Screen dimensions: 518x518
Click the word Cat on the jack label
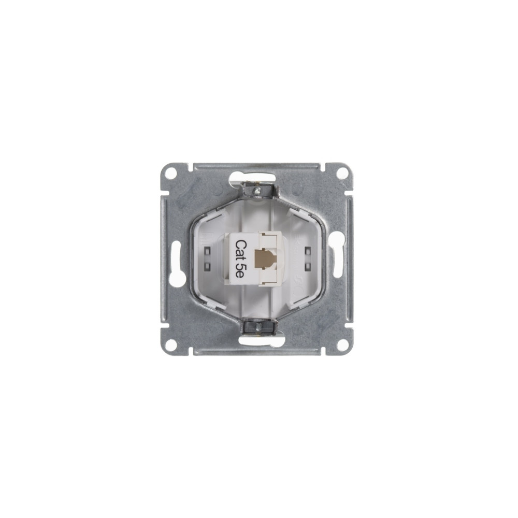(240, 249)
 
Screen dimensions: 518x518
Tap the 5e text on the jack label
(240, 271)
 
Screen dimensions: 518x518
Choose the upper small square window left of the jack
(209, 251)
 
